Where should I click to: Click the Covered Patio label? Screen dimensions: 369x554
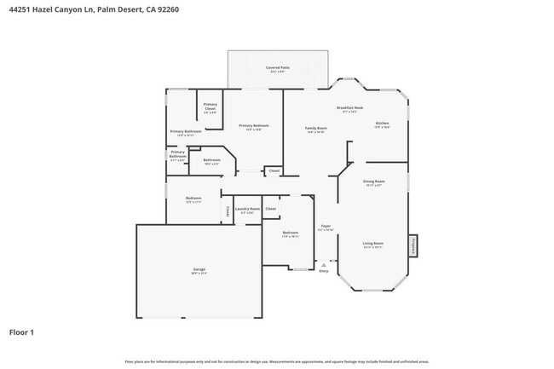coord(277,66)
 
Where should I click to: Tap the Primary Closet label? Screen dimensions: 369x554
coord(210,107)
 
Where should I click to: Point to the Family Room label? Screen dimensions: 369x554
coord(315,129)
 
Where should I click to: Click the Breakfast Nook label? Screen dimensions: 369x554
coord(349,108)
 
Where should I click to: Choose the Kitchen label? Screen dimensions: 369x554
coord(382,124)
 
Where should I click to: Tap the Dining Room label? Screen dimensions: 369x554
coord(374,181)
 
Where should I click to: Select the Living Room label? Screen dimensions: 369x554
coord(372,244)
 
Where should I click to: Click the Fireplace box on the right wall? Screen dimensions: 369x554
coord(413,245)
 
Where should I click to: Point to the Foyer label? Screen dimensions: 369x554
coord(326,227)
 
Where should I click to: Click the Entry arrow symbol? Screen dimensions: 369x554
coord(323,265)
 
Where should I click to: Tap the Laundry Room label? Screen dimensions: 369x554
coord(248,209)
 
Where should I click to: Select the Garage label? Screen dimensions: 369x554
coord(199,269)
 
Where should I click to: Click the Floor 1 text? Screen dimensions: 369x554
coord(21,332)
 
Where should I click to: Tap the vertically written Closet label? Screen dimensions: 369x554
coord(227,211)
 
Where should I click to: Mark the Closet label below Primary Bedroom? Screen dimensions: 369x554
coord(274,171)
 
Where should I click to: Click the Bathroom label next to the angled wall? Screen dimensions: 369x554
coord(212,159)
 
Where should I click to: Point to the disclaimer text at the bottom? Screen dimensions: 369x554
coord(277,361)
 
